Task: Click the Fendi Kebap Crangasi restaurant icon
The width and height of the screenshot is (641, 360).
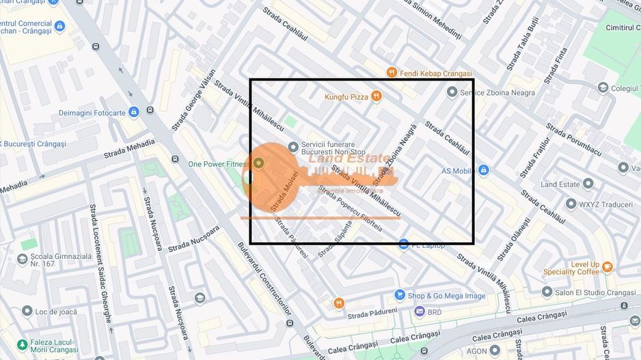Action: (392, 72)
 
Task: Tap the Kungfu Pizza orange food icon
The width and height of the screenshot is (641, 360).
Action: (376, 97)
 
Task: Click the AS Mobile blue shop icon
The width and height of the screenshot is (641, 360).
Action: (484, 170)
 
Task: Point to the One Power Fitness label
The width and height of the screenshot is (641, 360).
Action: (219, 164)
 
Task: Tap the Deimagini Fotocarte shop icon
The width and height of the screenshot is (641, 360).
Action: (134, 111)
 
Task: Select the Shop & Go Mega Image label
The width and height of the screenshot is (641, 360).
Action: (446, 296)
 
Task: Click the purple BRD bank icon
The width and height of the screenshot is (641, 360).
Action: (420, 311)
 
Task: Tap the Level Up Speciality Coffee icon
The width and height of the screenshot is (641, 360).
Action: (607, 266)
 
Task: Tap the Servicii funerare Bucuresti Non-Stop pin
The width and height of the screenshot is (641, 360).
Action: (293, 146)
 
